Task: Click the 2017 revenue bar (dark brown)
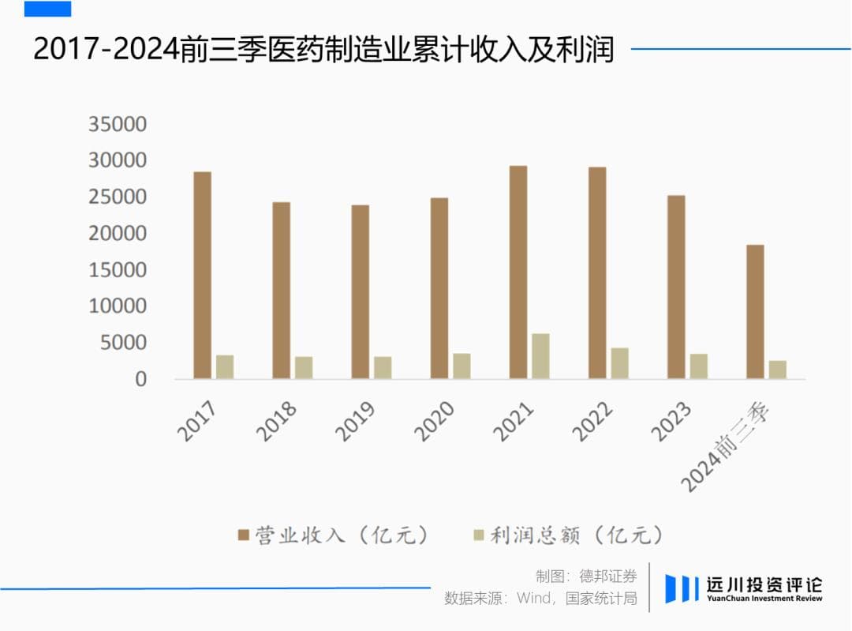click(x=203, y=275)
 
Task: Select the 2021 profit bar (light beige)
click(x=540, y=356)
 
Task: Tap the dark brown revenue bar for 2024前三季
click(x=755, y=312)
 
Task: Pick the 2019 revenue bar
click(x=361, y=291)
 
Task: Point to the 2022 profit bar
click(x=619, y=363)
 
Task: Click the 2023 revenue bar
click(x=676, y=287)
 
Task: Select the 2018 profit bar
click(x=304, y=367)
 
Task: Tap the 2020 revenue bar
click(x=439, y=288)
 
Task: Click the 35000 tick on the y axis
click(x=118, y=124)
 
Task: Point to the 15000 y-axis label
click(x=118, y=270)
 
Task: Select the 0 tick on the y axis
click(x=140, y=379)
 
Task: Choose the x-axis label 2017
click(x=198, y=420)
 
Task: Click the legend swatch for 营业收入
click(x=244, y=535)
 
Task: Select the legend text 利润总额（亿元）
click(x=577, y=535)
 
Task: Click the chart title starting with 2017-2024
click(x=323, y=50)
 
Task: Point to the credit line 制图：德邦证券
click(x=586, y=576)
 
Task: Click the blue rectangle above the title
click(x=47, y=9)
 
